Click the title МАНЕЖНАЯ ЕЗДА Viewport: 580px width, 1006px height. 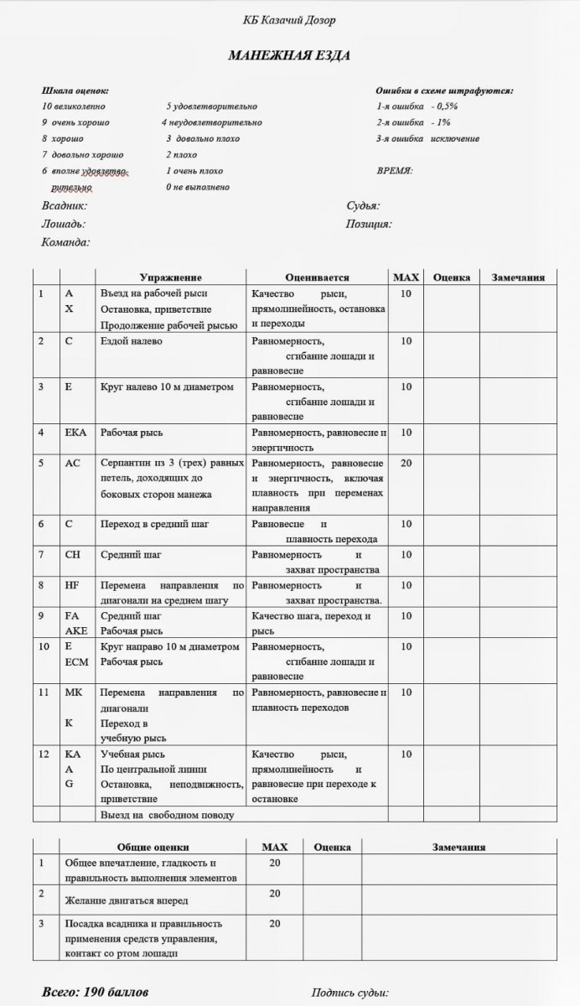(x=289, y=55)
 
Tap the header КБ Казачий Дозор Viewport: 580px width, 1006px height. (x=289, y=19)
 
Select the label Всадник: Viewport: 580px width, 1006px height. (x=65, y=205)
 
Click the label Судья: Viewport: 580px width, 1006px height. (x=363, y=205)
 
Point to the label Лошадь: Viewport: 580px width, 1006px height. (x=63, y=224)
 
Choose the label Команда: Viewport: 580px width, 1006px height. (x=65, y=242)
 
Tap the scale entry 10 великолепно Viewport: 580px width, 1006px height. (x=73, y=106)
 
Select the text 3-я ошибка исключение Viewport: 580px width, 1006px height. (x=427, y=138)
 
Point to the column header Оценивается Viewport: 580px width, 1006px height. (x=317, y=277)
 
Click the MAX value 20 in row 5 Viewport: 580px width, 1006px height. (x=407, y=463)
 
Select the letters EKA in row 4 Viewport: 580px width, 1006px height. (x=75, y=433)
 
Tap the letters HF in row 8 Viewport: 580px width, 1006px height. (x=71, y=585)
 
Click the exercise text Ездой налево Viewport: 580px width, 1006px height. (x=132, y=341)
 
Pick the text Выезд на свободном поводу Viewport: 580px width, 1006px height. (x=167, y=814)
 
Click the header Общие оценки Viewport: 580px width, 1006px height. (x=153, y=848)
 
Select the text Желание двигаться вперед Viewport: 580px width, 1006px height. (x=126, y=900)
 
